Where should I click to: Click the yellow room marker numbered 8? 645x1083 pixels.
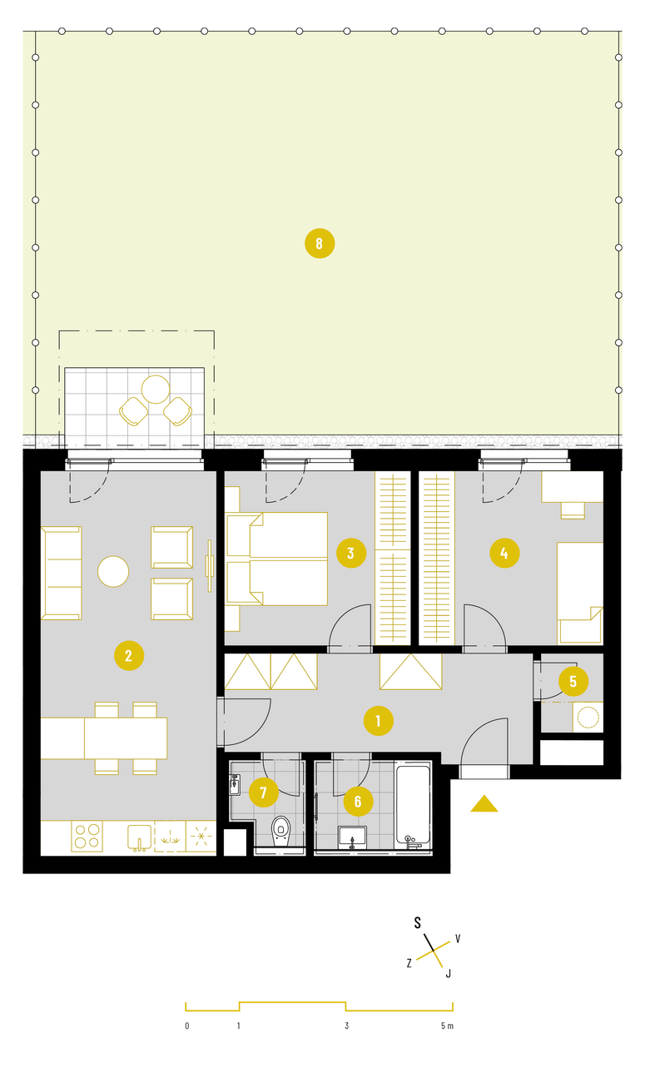[320, 243]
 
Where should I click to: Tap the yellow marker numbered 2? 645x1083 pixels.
[129, 656]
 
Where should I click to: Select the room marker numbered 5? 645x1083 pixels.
[573, 681]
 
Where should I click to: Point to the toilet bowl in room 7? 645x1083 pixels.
[281, 831]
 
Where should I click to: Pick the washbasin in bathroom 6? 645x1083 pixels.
[352, 837]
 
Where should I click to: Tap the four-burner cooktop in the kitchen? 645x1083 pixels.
[87, 837]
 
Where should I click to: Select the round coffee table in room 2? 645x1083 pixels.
[113, 572]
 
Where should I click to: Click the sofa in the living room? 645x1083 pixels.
[62, 573]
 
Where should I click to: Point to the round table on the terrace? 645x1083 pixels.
[156, 390]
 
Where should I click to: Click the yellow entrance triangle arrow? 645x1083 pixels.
[484, 803]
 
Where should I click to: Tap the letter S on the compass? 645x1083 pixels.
[418, 923]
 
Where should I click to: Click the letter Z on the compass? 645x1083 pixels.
[409, 963]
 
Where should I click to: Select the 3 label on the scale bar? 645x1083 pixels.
[347, 1026]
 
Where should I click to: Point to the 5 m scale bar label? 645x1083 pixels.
[447, 1026]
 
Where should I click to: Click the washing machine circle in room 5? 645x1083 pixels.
[588, 717]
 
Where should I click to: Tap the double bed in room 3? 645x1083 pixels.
[276, 559]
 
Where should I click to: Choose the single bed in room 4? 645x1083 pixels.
[580, 594]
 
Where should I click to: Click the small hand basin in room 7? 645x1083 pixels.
[235, 785]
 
